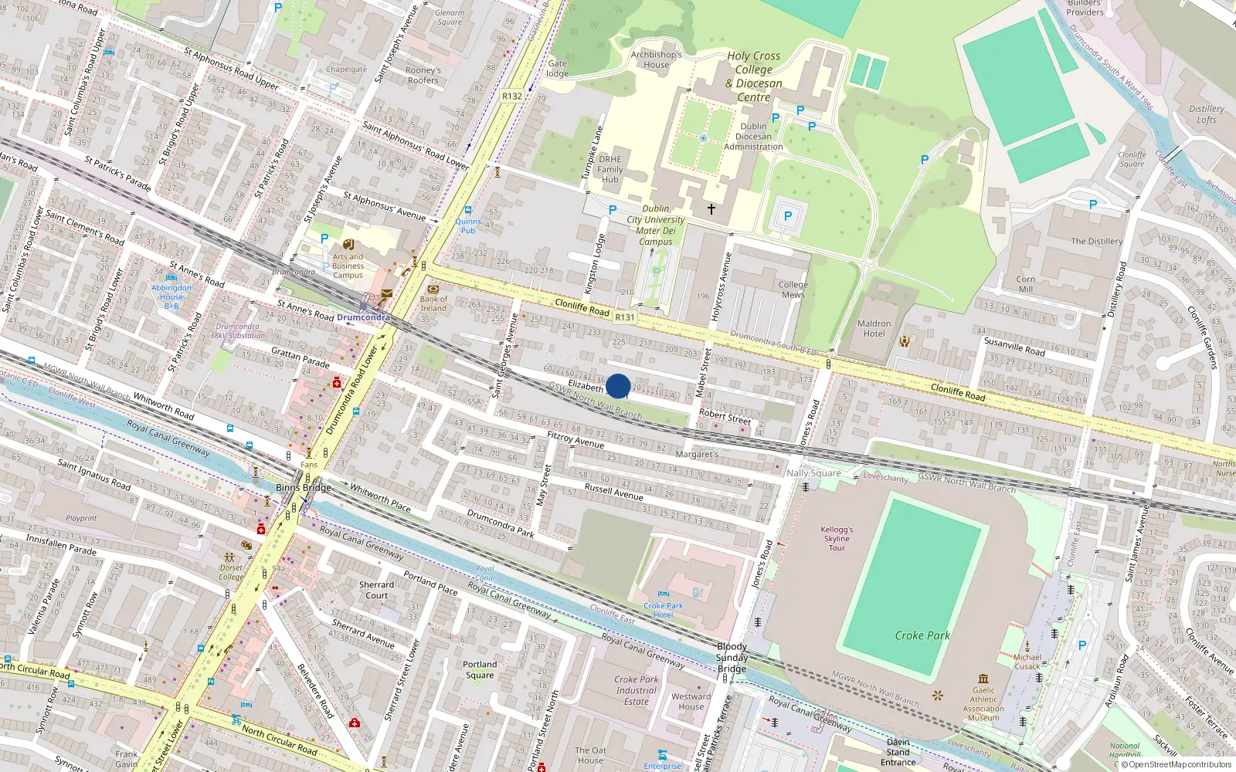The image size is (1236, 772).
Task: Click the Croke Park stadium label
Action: click(922, 635)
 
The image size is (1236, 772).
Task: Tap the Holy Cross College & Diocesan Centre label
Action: click(754, 76)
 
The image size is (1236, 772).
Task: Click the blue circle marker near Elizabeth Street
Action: click(618, 386)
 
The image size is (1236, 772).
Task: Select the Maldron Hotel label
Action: click(874, 329)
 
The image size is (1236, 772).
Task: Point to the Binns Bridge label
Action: click(304, 488)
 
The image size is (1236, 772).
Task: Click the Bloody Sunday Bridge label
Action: click(732, 657)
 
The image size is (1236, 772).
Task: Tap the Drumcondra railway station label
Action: click(363, 317)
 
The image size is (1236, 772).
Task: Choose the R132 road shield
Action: click(512, 96)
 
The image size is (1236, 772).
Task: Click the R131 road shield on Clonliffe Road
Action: click(624, 317)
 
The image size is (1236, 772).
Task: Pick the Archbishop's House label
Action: click(656, 59)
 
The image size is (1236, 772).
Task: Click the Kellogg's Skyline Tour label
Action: click(837, 539)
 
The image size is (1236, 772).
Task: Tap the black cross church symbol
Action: click(711, 208)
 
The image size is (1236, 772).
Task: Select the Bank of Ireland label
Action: click(433, 303)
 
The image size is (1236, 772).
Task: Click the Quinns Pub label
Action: click(468, 225)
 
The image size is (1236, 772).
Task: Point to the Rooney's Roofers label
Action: click(423, 75)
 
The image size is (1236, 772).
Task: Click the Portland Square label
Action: click(480, 669)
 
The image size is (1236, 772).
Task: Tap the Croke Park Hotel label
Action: click(664, 610)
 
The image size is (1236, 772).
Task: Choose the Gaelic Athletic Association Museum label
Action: click(983, 704)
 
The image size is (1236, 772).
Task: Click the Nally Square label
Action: click(813, 472)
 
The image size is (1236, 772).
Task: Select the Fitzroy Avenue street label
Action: click(576, 439)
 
